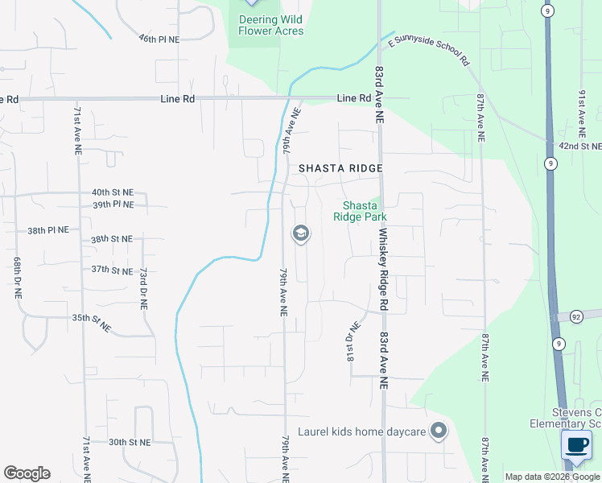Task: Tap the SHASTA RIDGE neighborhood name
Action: click(x=340, y=168)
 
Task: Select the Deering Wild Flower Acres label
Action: click(x=271, y=25)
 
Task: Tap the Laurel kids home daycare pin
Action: click(x=439, y=431)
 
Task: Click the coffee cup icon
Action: click(x=575, y=445)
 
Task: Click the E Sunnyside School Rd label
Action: click(x=427, y=49)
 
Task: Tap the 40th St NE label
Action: click(x=112, y=193)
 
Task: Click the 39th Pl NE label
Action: click(x=112, y=205)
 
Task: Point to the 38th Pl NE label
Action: click(x=48, y=230)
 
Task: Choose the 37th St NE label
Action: click(x=111, y=270)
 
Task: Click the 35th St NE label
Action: click(x=91, y=320)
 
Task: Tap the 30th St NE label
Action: click(x=130, y=442)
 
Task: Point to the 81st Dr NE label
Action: click(x=351, y=342)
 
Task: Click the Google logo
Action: click(x=27, y=473)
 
